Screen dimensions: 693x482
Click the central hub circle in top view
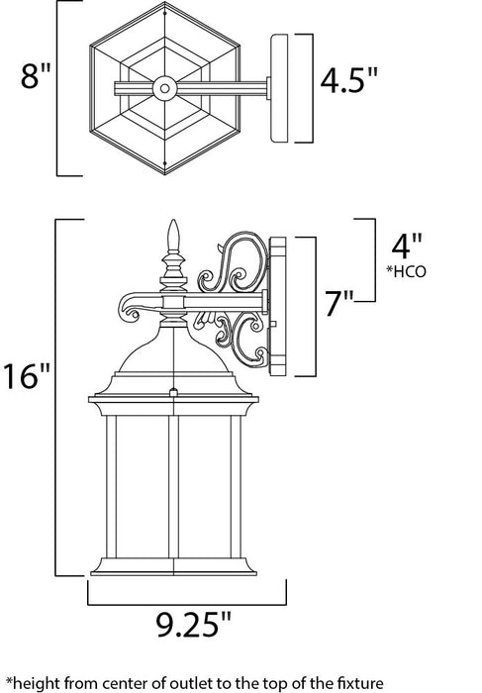(x=165, y=87)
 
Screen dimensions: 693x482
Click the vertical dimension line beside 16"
(x=55, y=395)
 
